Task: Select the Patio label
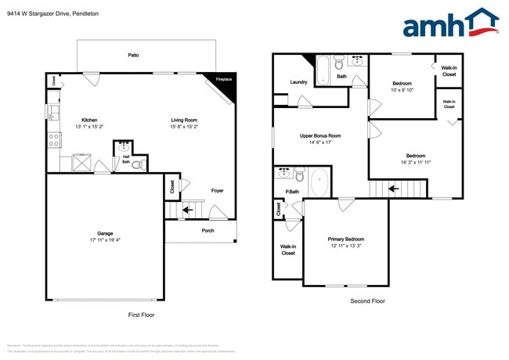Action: [134, 55]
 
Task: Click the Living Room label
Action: [185, 120]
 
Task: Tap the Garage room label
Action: [104, 232]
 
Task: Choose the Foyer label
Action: [217, 189]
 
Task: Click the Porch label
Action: [208, 230]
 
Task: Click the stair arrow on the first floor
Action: [187, 210]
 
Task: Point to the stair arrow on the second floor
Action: [394, 188]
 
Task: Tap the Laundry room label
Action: [298, 81]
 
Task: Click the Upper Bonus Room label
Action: [321, 135]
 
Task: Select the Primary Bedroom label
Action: [345, 239]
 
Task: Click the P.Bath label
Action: [292, 192]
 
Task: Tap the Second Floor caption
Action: [368, 301]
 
